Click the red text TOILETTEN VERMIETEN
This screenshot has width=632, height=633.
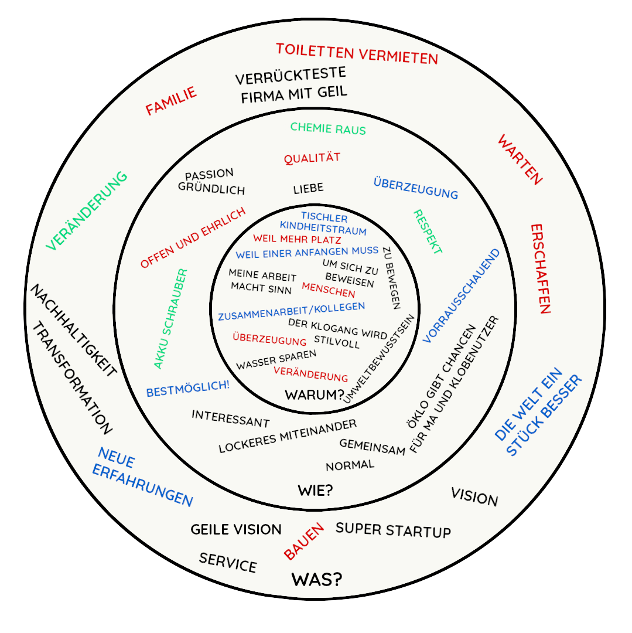pos(357,54)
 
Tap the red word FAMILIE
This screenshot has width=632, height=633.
pos(171,101)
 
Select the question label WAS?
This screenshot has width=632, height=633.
pos(316,580)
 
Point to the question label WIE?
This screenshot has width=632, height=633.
pos(315,490)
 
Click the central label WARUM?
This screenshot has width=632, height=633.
pos(314,395)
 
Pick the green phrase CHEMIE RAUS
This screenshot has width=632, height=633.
pos(328,128)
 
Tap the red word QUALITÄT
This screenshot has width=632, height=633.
pos(312,158)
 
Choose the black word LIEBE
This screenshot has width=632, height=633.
pos(308,189)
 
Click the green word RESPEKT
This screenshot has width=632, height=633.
pos(427,232)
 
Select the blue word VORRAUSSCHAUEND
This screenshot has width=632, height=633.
pos(462,296)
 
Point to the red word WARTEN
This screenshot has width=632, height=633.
pos(520,159)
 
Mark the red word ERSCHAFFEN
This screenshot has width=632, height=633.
pos(541,268)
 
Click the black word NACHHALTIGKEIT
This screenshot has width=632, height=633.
pos(73,331)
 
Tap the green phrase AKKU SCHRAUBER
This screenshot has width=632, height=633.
pos(170,319)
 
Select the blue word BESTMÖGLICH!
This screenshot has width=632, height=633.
pos(188,389)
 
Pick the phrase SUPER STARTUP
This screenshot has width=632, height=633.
pos(393,530)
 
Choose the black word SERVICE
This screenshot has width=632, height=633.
pos(228,563)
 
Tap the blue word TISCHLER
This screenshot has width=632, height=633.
pos(324,217)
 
